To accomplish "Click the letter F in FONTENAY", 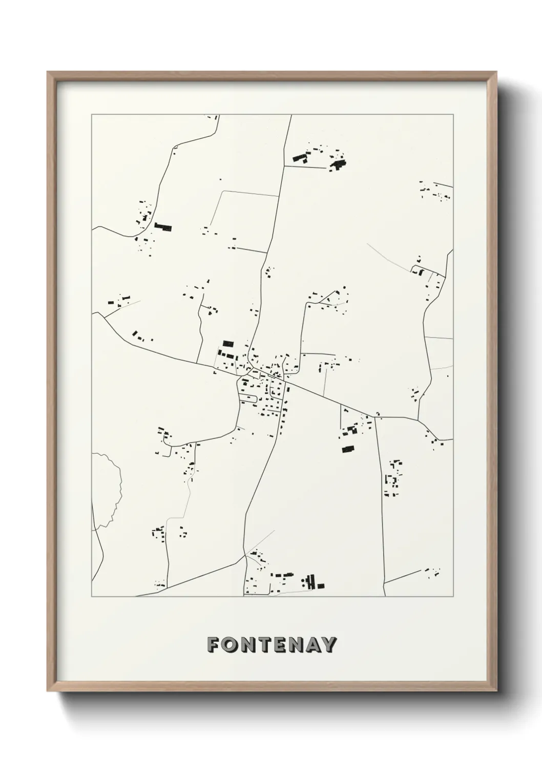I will [213, 645].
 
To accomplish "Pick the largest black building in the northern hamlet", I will [338, 164].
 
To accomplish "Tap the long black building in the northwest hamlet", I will [163, 226].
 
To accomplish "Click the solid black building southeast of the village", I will [349, 449].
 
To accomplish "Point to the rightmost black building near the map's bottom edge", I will [321, 585].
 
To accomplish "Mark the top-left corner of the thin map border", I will [92, 115].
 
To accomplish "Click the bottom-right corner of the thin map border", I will [453, 597].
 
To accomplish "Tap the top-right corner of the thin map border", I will [453, 115].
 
